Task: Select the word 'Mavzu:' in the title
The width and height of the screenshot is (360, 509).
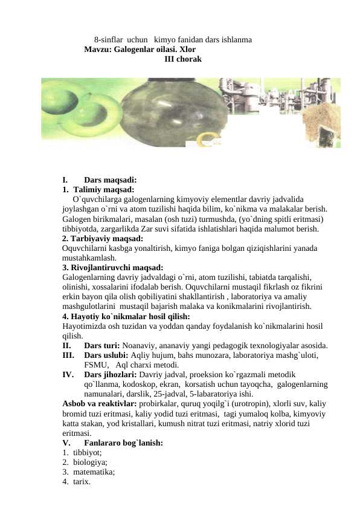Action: pos(98,50)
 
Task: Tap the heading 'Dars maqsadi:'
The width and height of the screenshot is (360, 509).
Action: pos(110,180)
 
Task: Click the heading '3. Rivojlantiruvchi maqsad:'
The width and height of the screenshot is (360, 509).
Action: pos(113,267)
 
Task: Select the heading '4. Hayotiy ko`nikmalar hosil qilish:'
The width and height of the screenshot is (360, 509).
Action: pos(126,316)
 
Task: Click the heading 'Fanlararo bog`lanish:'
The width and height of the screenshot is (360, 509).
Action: pos(123,443)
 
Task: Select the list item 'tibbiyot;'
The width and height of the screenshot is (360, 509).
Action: pos(88,453)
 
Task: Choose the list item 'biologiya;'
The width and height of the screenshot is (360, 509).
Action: pos(90,462)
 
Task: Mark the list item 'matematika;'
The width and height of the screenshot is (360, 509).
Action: pos(94,472)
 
